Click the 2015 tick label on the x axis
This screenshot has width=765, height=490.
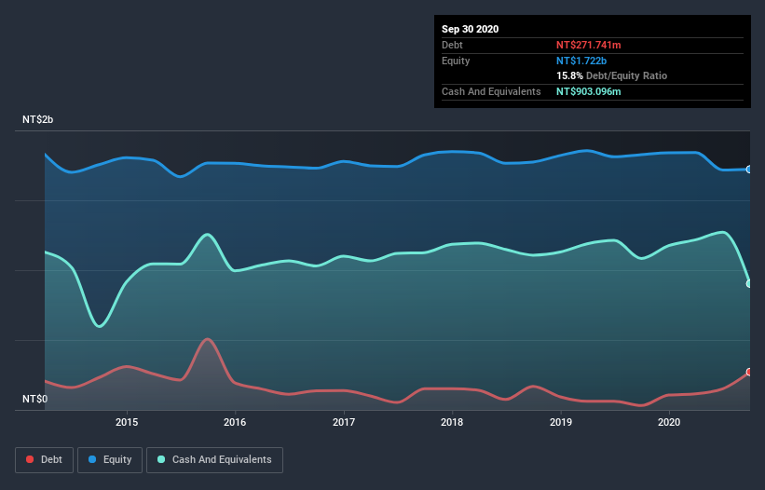click(x=127, y=422)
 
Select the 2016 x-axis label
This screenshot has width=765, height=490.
click(x=236, y=422)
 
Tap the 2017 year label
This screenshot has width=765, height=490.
click(x=344, y=422)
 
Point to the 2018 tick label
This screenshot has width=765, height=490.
click(x=452, y=422)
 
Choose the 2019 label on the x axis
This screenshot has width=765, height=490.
click(x=561, y=422)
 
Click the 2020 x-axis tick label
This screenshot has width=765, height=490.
click(x=669, y=422)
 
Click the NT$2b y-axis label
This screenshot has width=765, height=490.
click(x=38, y=120)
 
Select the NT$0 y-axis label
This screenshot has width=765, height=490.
click(x=34, y=399)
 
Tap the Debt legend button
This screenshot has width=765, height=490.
click(x=44, y=459)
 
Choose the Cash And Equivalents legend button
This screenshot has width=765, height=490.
click(x=214, y=459)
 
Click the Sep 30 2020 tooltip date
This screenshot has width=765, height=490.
click(x=471, y=29)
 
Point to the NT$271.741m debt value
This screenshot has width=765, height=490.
click(x=588, y=45)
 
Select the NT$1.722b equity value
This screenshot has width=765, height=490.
click(x=581, y=61)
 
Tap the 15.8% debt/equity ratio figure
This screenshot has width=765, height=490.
click(x=569, y=75)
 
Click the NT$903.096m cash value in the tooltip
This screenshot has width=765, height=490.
click(x=588, y=91)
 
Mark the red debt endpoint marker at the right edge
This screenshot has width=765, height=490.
click(x=749, y=372)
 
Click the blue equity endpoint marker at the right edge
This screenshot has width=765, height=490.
click(x=749, y=170)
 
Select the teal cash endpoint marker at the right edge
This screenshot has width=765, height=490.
click(x=749, y=283)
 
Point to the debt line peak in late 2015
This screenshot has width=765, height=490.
click(x=207, y=339)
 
